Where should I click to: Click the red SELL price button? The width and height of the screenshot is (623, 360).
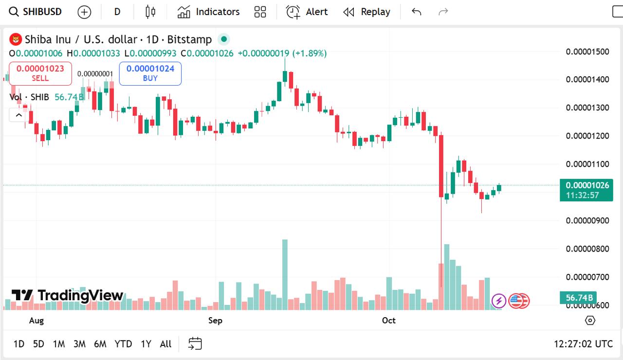tap(40, 73)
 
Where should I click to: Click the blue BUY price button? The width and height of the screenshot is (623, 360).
tap(150, 73)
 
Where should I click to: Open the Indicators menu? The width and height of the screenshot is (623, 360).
tap(208, 12)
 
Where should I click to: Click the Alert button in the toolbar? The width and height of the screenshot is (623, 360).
tap(307, 12)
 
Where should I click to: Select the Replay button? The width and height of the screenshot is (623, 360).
tap(366, 12)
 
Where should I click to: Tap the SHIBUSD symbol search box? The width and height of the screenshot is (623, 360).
tap(36, 12)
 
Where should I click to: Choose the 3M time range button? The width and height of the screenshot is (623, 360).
tap(79, 344)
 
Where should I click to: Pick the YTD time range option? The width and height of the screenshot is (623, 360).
tap(123, 344)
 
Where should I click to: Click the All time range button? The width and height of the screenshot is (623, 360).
tap(165, 344)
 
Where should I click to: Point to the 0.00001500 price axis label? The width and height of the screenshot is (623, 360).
tap(587, 52)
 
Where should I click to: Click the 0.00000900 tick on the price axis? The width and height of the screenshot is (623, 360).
tap(587, 220)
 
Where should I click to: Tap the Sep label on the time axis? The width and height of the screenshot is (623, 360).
tap(215, 320)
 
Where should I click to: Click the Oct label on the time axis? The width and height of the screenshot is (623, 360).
tap(389, 320)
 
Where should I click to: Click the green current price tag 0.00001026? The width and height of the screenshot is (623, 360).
tap(586, 185)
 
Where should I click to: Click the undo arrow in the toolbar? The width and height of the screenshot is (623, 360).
tap(416, 12)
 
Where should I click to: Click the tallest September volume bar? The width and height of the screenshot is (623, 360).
tap(285, 274)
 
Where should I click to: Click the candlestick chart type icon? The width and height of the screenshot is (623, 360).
tap(150, 12)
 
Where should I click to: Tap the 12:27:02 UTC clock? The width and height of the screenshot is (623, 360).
tap(583, 344)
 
